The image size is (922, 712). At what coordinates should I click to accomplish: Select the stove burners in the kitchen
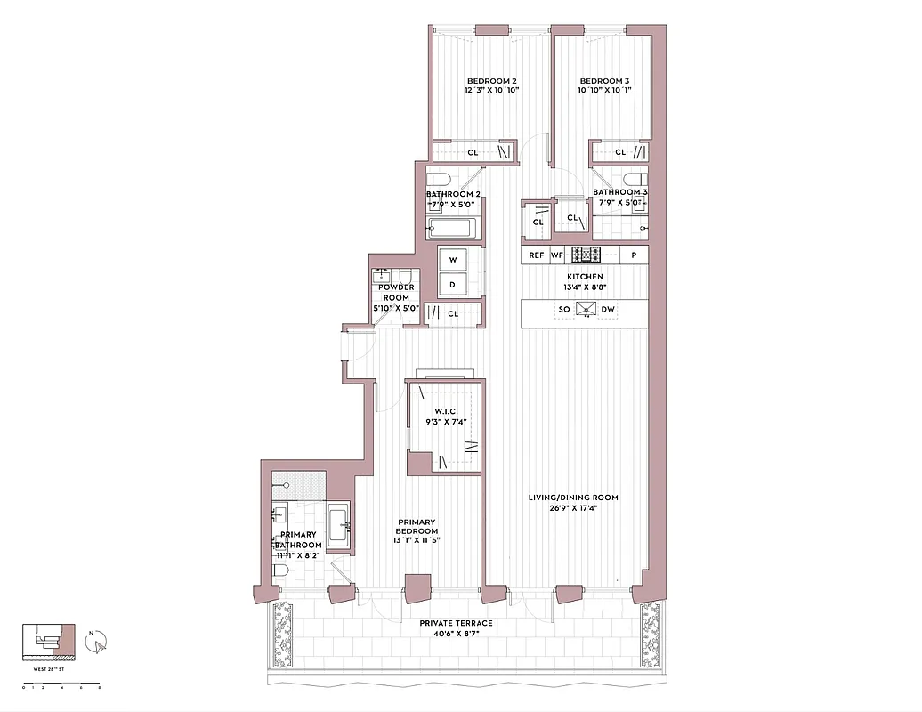586,255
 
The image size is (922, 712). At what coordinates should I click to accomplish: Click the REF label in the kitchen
536,255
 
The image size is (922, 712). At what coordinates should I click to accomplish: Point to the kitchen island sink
586,310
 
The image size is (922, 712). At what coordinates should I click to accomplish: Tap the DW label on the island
609,310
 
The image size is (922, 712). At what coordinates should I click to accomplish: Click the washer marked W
453,260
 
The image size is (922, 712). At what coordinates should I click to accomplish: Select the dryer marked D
453,285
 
